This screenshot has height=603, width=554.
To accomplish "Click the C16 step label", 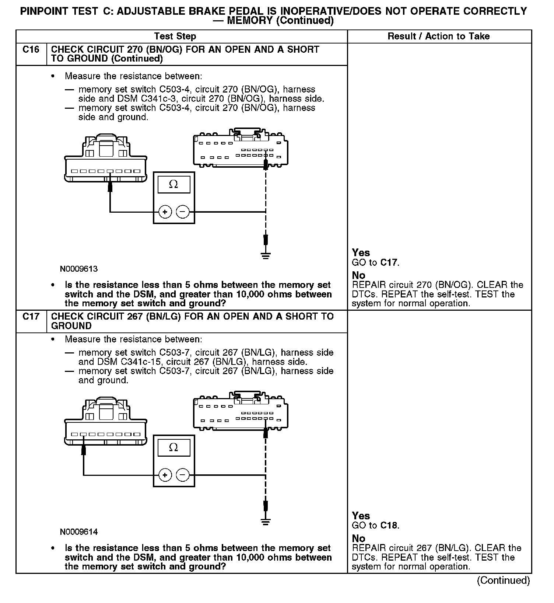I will pyautogui.click(x=31, y=50).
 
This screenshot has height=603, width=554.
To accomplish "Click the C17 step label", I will pyautogui.click(x=31, y=317).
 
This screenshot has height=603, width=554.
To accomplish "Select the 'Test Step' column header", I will pyautogui.click(x=175, y=36).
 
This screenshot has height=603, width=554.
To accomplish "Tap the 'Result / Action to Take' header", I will pyautogui.click(x=439, y=36).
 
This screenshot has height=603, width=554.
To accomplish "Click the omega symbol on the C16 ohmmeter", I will pyautogui.click(x=173, y=184).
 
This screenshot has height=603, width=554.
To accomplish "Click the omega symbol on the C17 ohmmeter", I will pyautogui.click(x=173, y=447).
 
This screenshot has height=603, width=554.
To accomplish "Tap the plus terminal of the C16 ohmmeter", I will pyautogui.click(x=165, y=212).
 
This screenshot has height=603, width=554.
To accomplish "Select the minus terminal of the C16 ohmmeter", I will pyautogui.click(x=183, y=212).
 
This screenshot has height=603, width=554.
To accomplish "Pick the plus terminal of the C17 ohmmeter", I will pyautogui.click(x=165, y=475).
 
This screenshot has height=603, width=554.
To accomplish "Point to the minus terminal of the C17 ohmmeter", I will pyautogui.click(x=183, y=475).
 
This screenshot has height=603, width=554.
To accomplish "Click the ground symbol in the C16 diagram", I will pyautogui.click(x=266, y=255).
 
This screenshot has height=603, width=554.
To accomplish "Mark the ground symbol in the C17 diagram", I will pyautogui.click(x=266, y=521).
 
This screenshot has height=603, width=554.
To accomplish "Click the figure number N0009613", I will pyautogui.click(x=79, y=269).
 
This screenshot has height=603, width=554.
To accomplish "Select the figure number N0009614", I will pyautogui.click(x=79, y=532).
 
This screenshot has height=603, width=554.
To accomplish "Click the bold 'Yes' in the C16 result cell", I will pyautogui.click(x=361, y=252).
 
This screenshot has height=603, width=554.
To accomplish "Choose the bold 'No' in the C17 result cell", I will pyautogui.click(x=358, y=538).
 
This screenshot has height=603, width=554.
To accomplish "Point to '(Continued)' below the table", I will pyautogui.click(x=503, y=581).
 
